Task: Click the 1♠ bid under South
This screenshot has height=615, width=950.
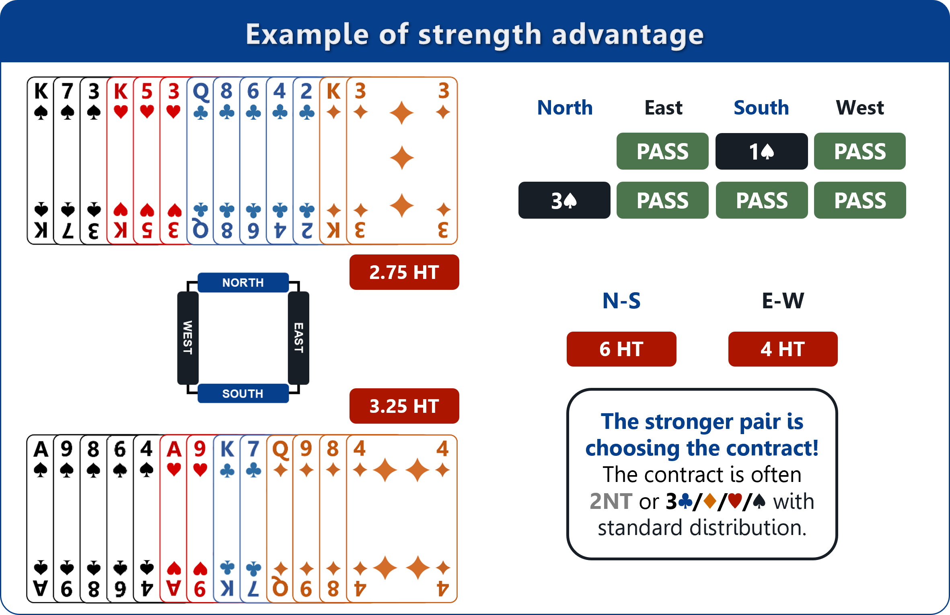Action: pyautogui.click(x=761, y=152)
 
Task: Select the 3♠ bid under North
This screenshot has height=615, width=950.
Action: pyautogui.click(x=564, y=200)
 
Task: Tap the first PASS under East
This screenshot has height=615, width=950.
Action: pyautogui.click(x=662, y=152)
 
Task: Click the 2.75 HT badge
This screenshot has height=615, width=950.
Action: pyautogui.click(x=404, y=272)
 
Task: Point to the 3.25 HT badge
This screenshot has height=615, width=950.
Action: pyautogui.click(x=404, y=406)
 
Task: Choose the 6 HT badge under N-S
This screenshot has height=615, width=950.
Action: pyautogui.click(x=621, y=349)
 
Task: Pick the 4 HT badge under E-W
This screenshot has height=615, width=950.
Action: pyautogui.click(x=783, y=349)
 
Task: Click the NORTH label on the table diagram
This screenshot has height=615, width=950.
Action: pyautogui.click(x=243, y=283)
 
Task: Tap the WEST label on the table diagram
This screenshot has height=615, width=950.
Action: pyautogui.click(x=188, y=338)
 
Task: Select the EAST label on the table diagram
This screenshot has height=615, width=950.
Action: pyautogui.click(x=298, y=338)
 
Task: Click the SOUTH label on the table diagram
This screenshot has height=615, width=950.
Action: pyautogui.click(x=243, y=394)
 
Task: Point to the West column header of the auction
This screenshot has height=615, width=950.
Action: pyautogui.click(x=860, y=108)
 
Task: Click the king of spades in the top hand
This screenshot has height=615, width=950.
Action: pyautogui.click(x=41, y=161)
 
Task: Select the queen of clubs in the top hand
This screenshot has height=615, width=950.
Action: pyautogui.click(x=200, y=161)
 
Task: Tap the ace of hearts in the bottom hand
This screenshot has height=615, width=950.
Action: pyautogui.click(x=173, y=519)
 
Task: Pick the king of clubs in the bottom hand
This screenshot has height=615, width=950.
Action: pyautogui.click(x=227, y=519)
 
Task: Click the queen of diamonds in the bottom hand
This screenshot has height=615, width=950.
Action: pyautogui.click(x=280, y=519)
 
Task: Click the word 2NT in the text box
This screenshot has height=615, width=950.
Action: pyautogui.click(x=611, y=501)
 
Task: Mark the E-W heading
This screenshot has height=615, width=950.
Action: pyautogui.click(x=783, y=301)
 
